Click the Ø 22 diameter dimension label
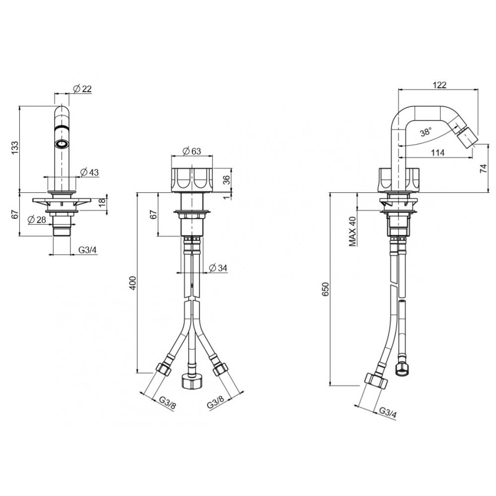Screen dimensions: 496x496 82,89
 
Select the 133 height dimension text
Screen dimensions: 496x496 15,148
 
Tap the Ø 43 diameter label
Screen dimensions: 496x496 89,173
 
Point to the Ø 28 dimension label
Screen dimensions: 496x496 37,220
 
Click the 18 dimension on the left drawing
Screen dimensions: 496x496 103,202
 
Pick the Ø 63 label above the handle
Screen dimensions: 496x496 191,151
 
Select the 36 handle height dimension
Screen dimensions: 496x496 227,180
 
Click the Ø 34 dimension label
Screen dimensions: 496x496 218,268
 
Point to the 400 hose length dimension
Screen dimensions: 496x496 133,283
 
